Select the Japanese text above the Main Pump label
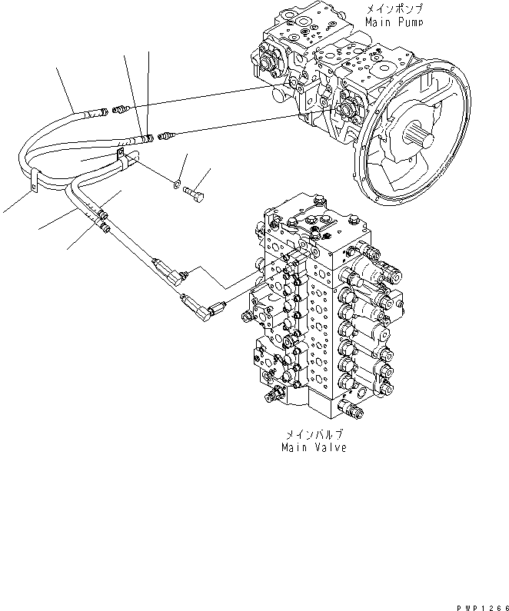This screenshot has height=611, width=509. (x=394, y=8)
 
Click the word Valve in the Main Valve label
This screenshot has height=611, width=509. (x=331, y=447)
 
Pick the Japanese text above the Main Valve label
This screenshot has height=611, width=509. (x=314, y=434)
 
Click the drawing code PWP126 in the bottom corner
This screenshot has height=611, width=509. (x=483, y=608)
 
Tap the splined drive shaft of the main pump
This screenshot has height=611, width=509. (x=418, y=137)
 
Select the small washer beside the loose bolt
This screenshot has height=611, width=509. (x=177, y=184)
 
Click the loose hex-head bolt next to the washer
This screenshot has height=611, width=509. (x=195, y=193)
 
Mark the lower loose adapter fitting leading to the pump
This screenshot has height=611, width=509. (x=167, y=136)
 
